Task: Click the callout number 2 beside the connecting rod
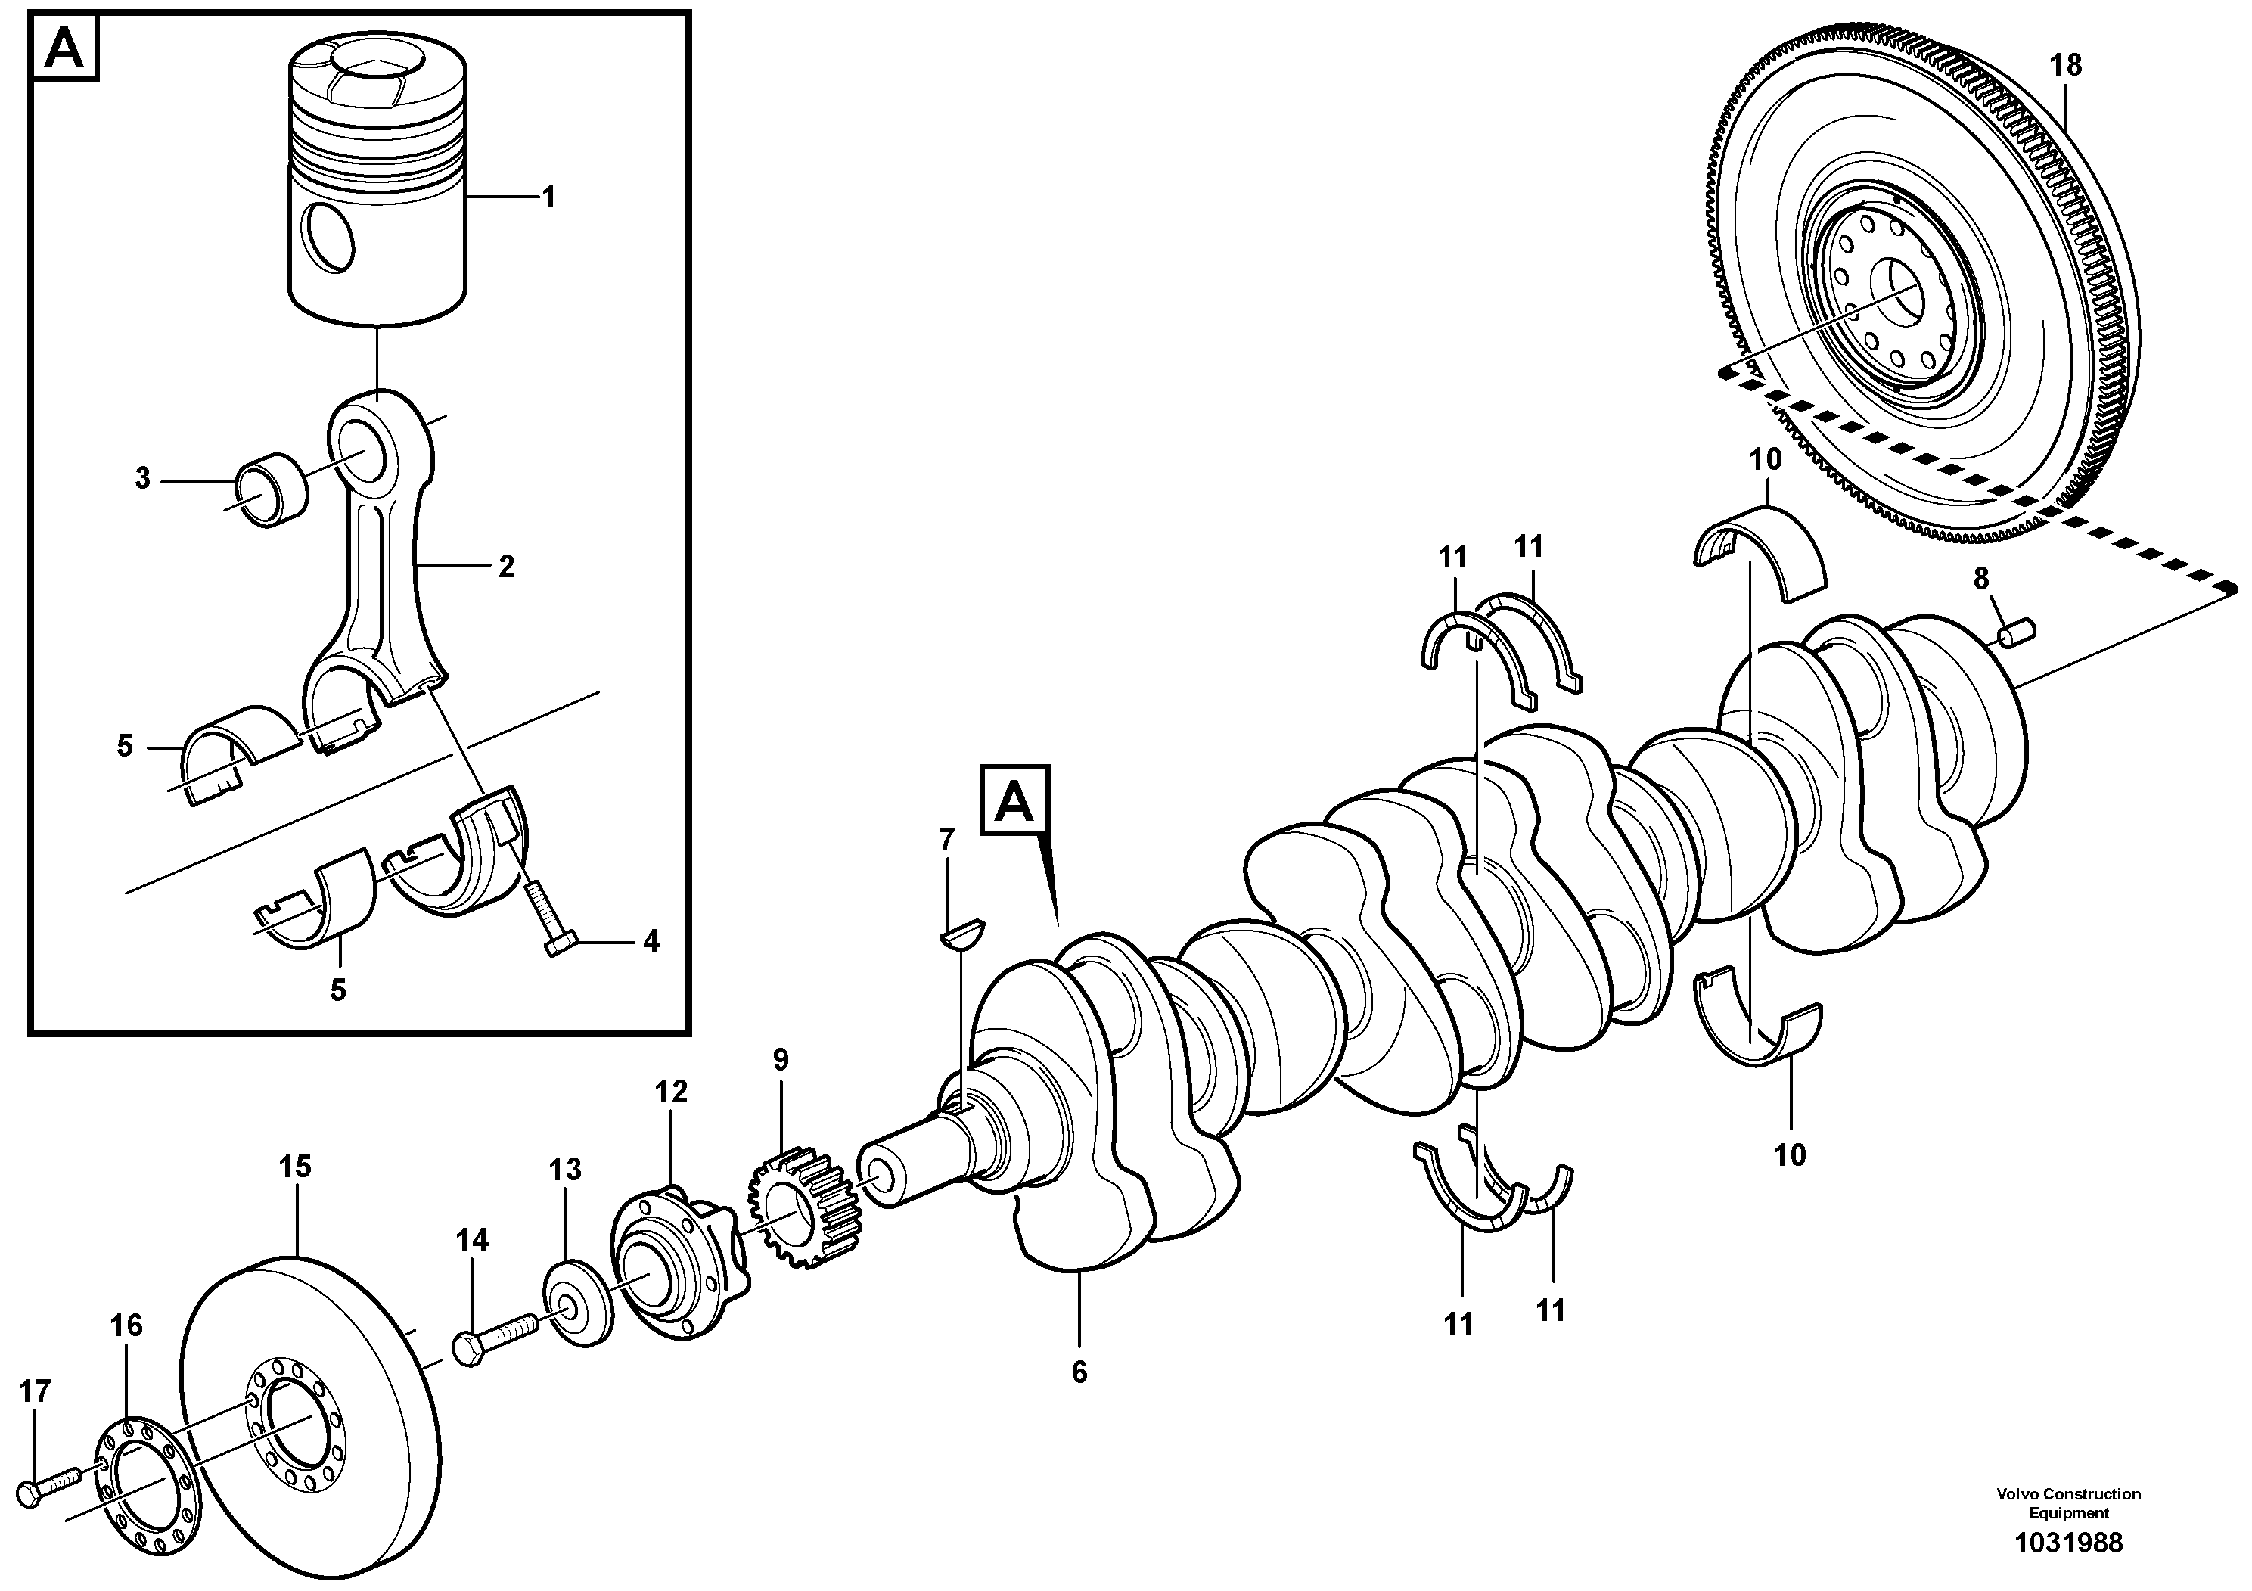[x=506, y=566]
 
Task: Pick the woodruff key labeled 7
[x=963, y=932]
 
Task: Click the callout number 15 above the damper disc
[x=294, y=1167]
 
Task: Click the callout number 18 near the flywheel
[x=2066, y=66]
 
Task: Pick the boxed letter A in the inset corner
[x=66, y=46]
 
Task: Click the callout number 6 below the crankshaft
[x=1079, y=1372]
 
